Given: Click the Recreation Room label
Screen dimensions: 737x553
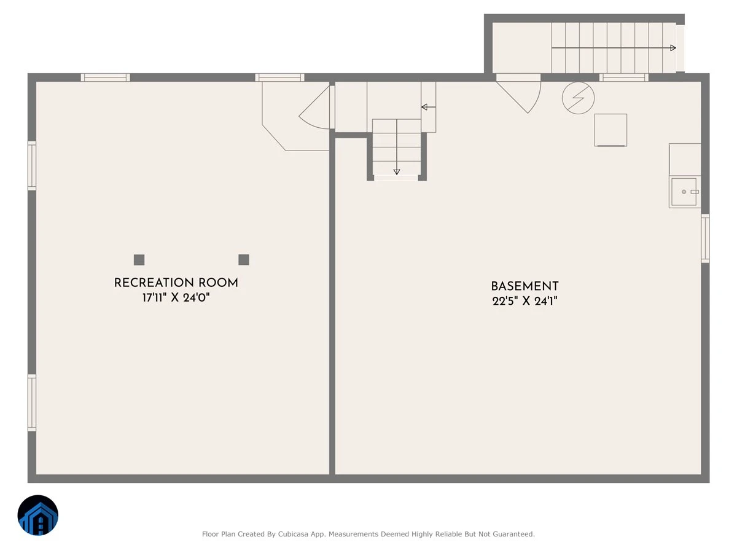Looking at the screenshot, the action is click(176, 283).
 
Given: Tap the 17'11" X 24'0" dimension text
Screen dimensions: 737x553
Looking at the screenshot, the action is click(176, 297).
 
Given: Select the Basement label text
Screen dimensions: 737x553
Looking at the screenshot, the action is click(524, 286).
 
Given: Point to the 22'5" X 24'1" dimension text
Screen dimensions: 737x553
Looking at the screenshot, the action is click(524, 301).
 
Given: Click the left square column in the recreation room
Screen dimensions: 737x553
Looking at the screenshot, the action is click(139, 259).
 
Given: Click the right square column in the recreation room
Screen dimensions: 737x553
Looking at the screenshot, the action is click(244, 259).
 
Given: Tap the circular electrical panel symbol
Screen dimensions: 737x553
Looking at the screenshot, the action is click(578, 98).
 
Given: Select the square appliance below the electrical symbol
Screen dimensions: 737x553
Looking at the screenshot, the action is click(610, 130).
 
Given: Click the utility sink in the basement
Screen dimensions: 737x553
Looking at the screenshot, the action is click(684, 192).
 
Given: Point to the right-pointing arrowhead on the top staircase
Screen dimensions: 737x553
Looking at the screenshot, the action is click(673, 48).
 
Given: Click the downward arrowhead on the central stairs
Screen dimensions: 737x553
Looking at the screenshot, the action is click(397, 171).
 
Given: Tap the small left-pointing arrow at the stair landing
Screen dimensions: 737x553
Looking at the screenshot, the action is click(429, 107).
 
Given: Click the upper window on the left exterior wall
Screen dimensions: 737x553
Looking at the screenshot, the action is click(31, 166).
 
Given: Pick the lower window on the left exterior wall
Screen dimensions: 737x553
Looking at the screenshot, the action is click(31, 402).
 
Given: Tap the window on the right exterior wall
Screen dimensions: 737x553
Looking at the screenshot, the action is click(706, 238).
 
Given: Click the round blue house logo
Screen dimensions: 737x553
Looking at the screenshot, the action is click(38, 515).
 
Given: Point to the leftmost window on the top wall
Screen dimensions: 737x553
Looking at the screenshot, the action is click(105, 77).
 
